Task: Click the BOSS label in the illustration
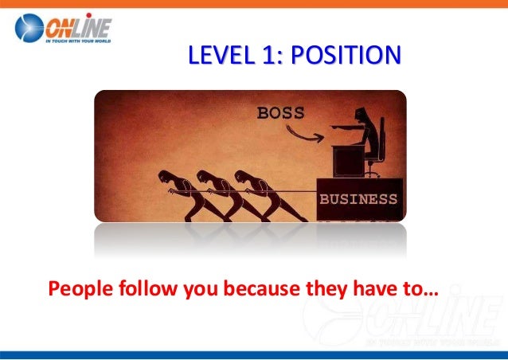tap(280, 113)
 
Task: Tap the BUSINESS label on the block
tap(358, 199)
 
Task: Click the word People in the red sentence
tap(76, 288)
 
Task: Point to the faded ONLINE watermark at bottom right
tap(434, 315)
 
